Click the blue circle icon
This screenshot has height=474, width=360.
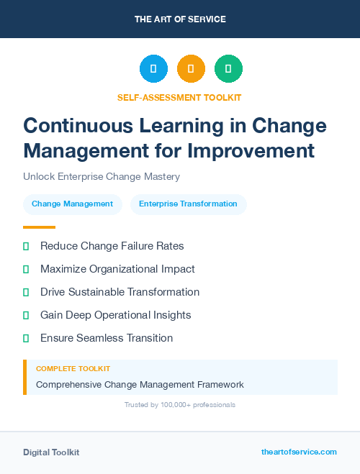(153, 69)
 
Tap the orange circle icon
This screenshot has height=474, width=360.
(191, 69)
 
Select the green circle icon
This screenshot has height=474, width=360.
(228, 69)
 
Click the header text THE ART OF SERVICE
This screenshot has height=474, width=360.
(180, 19)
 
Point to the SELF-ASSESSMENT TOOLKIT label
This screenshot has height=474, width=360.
(179, 97)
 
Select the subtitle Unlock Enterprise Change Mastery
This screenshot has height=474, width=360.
(102, 176)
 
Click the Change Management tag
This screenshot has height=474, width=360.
(72, 204)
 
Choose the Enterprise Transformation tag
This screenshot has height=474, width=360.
(188, 204)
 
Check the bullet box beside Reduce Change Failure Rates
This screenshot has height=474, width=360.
(26, 246)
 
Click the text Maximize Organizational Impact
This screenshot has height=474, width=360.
(117, 269)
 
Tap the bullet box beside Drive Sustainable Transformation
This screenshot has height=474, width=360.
(26, 292)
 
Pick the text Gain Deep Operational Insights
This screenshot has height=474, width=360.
(115, 315)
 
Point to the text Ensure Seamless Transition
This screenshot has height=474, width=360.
(107, 338)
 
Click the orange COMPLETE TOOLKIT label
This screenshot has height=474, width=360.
(73, 368)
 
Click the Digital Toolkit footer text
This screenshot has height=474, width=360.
(51, 452)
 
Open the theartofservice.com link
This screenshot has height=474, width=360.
(299, 452)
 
